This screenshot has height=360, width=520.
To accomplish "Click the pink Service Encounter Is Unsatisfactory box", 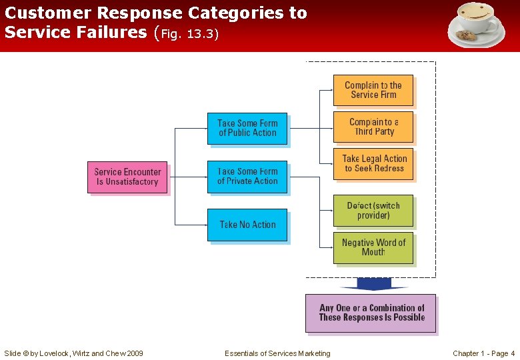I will point(127,177).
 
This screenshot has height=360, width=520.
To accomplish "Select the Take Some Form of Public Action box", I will point(247,128).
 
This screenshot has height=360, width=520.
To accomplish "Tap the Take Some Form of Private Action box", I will point(247,177).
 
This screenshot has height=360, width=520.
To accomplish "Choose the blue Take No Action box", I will point(247,225).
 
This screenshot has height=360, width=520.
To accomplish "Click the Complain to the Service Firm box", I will point(373,90).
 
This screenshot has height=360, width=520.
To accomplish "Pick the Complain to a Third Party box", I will point(373,127).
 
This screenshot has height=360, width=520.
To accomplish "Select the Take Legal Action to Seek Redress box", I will point(373,163).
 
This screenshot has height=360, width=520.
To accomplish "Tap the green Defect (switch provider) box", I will point(373,211).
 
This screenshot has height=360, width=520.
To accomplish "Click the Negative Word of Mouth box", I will point(373,247).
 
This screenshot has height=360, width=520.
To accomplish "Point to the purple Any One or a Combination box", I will point(371,313).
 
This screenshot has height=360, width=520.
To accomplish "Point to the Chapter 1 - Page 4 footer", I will point(483,353).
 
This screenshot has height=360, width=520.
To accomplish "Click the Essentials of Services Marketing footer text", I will point(277,353).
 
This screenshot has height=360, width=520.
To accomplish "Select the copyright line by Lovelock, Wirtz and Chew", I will point(73,353).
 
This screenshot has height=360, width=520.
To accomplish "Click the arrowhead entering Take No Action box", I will point(204,225).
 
